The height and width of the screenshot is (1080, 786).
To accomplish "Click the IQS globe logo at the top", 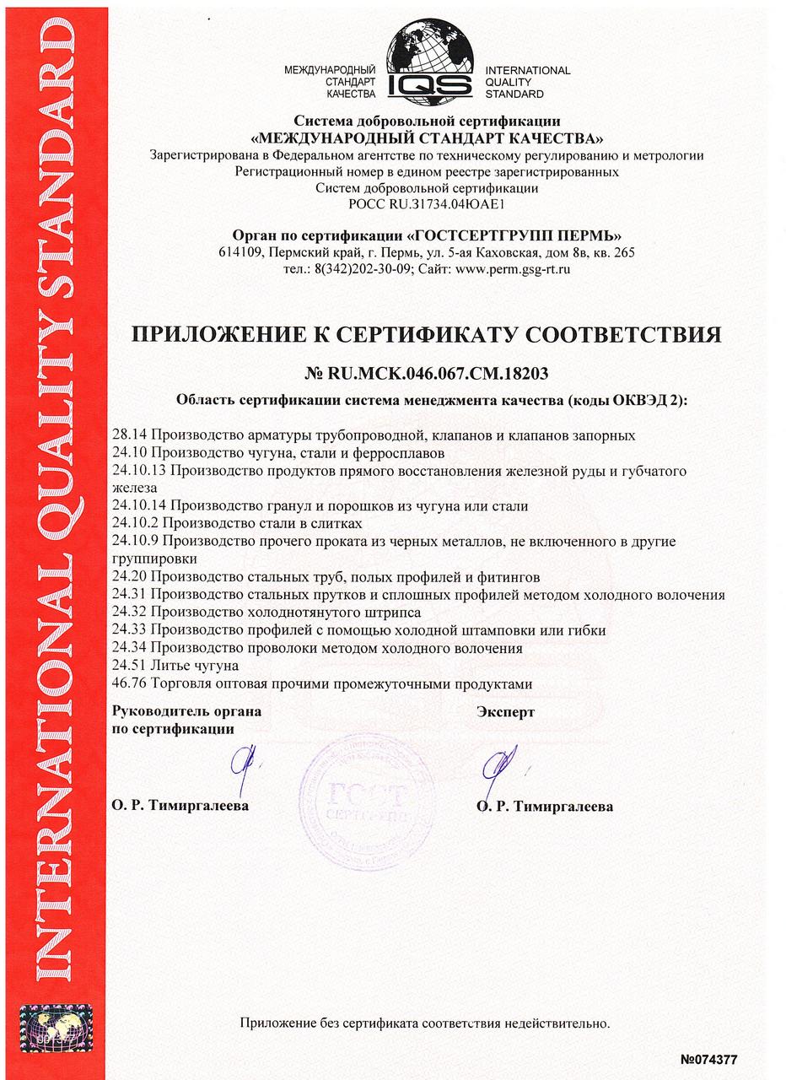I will coord(429,61).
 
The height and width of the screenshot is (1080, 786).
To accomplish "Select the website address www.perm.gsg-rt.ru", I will coord(513,269).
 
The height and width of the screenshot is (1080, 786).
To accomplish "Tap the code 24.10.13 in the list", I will coord(141,470).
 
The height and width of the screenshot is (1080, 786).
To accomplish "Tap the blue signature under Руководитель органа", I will coord(245,763).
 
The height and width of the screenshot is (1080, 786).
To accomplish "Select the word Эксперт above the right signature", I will coord(505,712).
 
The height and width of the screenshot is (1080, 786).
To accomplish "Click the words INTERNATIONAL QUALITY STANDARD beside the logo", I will coord(527,83).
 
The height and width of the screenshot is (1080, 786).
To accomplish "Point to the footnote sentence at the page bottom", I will coord(425,1023).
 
